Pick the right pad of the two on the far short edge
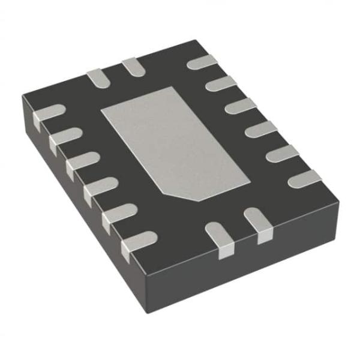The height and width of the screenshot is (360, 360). [x=131, y=65]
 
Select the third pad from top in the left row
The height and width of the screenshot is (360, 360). [x=81, y=161]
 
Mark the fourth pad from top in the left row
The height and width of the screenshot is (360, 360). [x=99, y=186]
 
